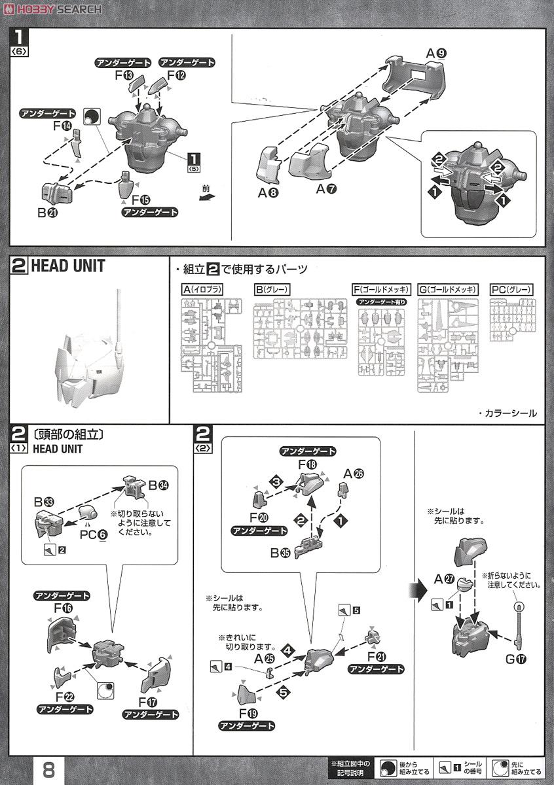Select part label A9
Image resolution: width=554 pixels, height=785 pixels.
pos(436,53)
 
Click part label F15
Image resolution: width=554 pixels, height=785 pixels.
pos(140,200)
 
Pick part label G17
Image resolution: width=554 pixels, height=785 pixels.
pos(515,659)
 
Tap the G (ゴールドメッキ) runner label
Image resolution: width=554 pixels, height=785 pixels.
pos(447,289)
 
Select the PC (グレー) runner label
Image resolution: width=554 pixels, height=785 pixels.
pos(511,289)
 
